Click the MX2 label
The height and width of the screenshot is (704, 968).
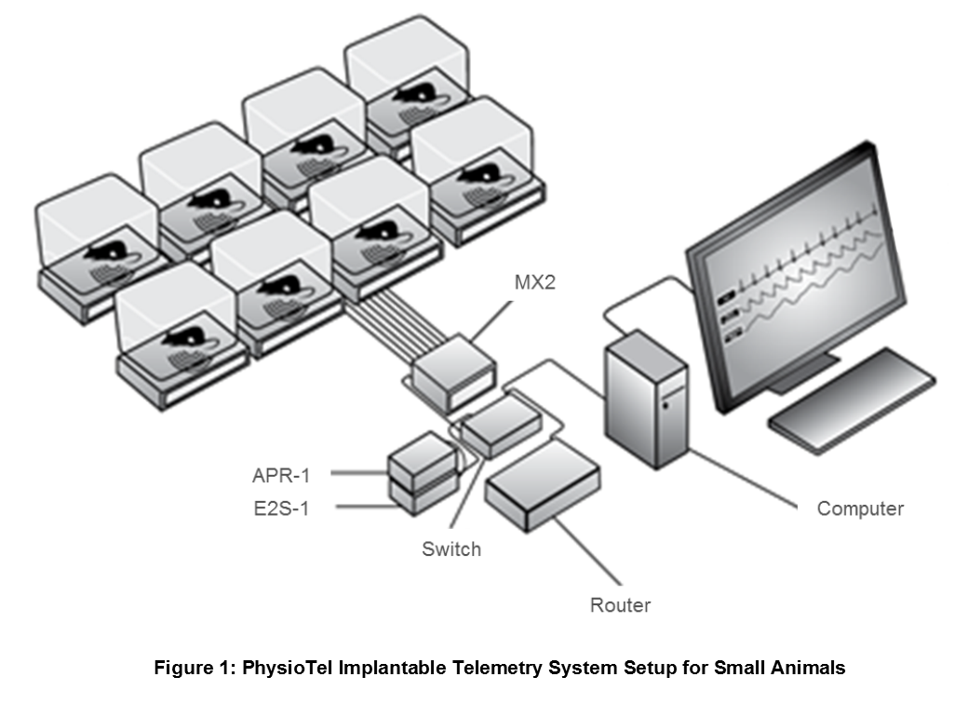click(534, 282)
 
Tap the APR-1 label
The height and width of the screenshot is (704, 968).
click(281, 476)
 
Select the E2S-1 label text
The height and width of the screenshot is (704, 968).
click(281, 508)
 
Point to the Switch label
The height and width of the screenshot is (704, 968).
click(451, 549)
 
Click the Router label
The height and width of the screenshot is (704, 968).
click(620, 604)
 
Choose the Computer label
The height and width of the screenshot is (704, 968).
click(860, 508)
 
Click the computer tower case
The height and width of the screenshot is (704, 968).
click(646, 399)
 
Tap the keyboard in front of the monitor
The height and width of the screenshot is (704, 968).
click(852, 400)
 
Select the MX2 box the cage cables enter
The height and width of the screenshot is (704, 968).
click(454, 373)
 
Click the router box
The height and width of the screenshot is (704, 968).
click(542, 485)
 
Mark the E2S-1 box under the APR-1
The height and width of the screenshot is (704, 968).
click(423, 498)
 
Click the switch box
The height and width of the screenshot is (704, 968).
click(502, 426)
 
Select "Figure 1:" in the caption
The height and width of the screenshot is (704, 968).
click(195, 668)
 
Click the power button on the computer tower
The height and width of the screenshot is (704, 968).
click(666, 406)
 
